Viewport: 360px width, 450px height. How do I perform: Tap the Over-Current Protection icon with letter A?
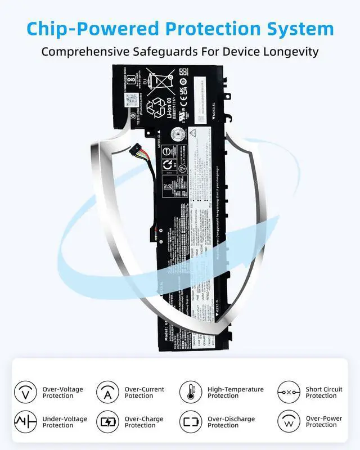click(107, 391)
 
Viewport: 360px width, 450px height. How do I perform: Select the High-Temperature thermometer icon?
click(191, 391)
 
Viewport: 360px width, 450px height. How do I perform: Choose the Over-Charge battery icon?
click(107, 421)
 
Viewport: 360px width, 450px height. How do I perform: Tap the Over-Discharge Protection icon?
click(191, 421)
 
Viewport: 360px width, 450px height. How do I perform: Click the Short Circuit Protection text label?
click(324, 392)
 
